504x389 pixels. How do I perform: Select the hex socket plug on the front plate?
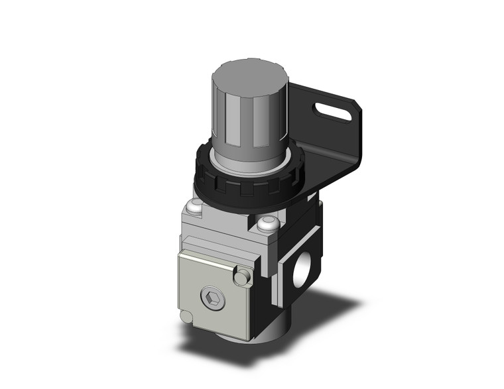tap(213, 300)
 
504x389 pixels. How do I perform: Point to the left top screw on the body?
tap(194, 208)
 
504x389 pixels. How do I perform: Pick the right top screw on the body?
tap(267, 224)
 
